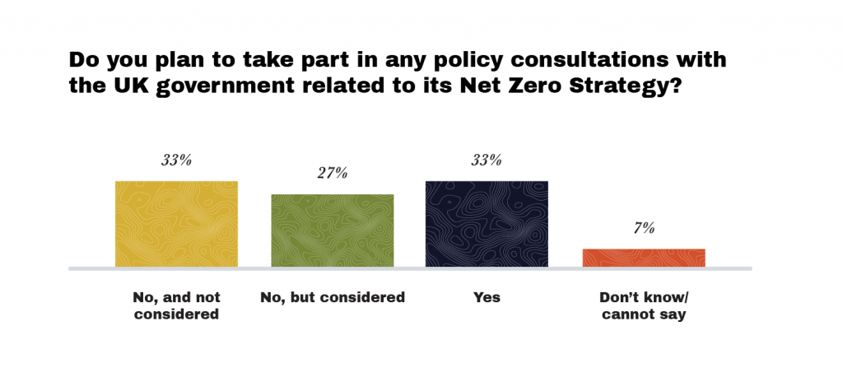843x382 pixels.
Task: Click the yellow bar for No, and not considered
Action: [x=176, y=223]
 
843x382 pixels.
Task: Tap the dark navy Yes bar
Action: [x=487, y=223]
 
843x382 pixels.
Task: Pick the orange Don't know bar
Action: [x=644, y=257]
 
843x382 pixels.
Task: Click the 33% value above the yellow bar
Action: [x=176, y=161]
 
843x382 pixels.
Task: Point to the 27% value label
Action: [x=332, y=174]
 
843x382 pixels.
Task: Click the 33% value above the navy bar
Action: [x=487, y=161]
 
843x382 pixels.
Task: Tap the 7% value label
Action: [x=644, y=228]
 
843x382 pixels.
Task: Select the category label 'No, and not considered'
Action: [x=176, y=305]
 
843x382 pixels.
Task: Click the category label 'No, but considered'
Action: [x=333, y=297]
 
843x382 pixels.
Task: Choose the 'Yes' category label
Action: [x=487, y=297]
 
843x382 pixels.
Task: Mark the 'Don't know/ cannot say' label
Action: [x=644, y=305]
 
